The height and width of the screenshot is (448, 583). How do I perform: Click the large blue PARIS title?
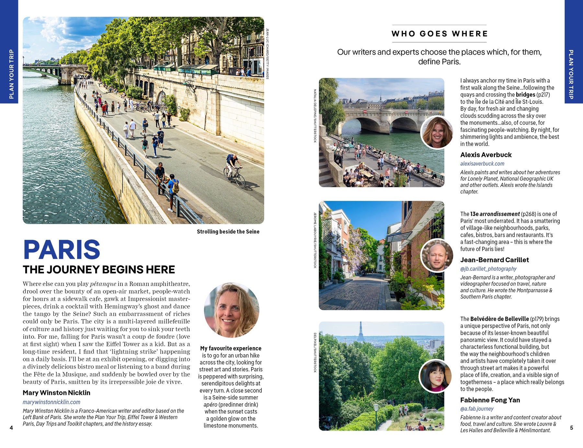62,250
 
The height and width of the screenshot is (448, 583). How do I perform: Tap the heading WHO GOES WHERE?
439,34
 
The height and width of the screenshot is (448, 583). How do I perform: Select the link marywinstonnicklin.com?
51,402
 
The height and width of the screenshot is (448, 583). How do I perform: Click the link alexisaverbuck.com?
482,164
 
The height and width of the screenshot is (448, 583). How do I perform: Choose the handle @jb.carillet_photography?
488,269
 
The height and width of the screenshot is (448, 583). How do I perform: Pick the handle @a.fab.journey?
477,409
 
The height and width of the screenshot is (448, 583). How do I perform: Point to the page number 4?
11,428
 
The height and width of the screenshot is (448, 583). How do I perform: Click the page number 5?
571,428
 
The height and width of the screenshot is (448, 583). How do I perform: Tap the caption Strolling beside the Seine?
228,232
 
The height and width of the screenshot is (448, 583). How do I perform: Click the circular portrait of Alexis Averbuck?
437,133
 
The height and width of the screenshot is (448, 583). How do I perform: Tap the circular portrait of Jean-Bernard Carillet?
437,256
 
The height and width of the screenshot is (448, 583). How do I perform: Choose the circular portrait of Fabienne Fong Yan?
436,376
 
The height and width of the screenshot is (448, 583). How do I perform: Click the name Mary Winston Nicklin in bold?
56,393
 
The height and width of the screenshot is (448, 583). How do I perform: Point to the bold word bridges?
525,95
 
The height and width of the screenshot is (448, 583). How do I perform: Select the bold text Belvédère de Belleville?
499,319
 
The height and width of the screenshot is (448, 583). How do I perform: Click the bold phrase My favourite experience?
231,348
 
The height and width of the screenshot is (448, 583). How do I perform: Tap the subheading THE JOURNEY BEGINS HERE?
99,269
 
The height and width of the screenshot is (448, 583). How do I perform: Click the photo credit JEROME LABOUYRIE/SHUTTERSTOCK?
315,240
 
